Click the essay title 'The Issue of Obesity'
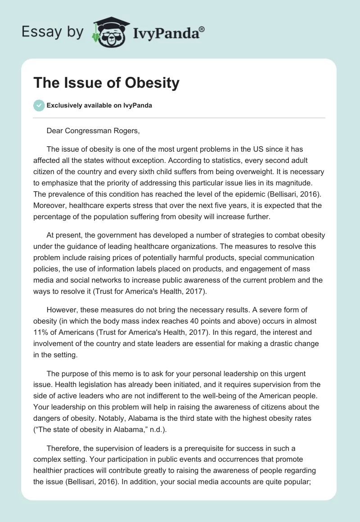(107, 83)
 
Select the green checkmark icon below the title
(38, 105)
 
